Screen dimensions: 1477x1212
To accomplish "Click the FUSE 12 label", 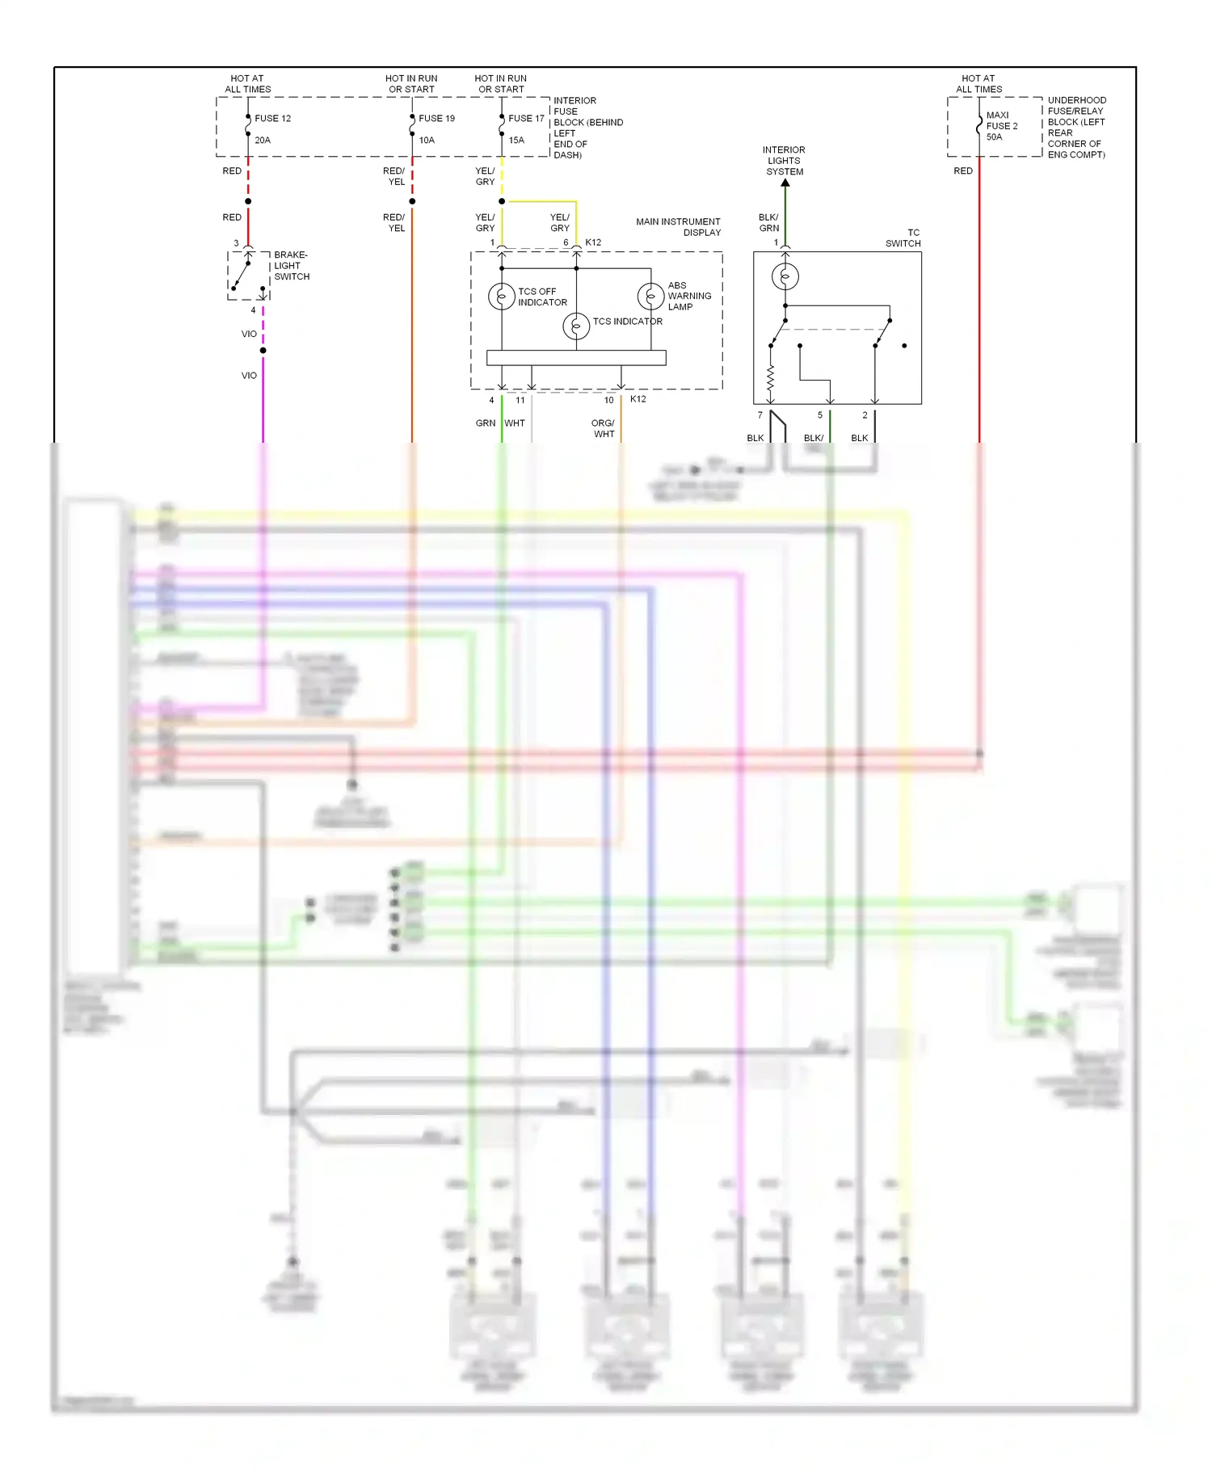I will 272,118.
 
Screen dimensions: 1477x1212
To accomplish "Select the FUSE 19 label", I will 436,118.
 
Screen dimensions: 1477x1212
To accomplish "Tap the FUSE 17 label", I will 526,118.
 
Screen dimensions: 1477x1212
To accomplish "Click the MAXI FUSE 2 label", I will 1001,120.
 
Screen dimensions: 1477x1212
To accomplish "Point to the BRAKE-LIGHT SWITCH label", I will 291,266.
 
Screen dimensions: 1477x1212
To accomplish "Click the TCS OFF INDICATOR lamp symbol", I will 501,297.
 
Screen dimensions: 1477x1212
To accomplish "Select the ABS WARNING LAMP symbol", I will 650,297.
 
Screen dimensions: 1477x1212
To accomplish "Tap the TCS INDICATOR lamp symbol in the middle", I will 576,326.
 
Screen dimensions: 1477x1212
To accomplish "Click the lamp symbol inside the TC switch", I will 785,276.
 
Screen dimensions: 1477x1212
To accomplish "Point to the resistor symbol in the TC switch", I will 771,376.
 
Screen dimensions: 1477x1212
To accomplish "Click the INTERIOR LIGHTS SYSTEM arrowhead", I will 785,183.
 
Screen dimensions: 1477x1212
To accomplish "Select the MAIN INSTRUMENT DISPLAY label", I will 678,227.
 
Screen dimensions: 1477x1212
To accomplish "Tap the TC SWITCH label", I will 903,238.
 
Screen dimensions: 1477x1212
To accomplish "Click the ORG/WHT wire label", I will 604,428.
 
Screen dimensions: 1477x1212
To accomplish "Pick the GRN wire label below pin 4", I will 485,423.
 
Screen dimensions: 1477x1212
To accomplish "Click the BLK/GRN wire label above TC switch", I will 768,222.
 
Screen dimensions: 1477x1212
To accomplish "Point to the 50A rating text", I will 994,137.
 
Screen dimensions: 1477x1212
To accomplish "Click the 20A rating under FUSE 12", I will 263,140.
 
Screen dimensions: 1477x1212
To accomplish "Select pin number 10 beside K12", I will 608,400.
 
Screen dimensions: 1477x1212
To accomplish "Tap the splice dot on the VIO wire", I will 263,350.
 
